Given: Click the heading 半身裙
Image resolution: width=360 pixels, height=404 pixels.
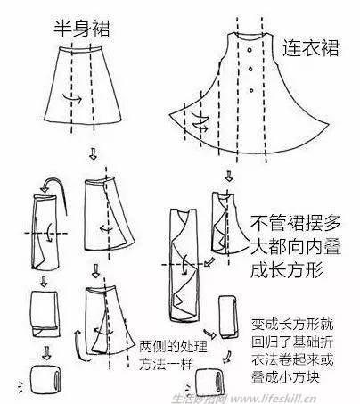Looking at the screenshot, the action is pyautogui.click(x=82, y=29).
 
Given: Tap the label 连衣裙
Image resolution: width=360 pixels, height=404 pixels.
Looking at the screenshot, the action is pyautogui.click(x=310, y=48).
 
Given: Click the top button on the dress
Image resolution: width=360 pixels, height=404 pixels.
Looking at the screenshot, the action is pyautogui.click(x=250, y=50).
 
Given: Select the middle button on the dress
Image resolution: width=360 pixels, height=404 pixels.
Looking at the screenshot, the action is pyautogui.click(x=250, y=69).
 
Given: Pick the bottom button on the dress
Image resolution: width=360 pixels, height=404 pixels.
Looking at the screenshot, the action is pyautogui.click(x=251, y=90).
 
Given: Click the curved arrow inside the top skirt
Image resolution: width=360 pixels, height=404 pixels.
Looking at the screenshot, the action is pyautogui.click(x=72, y=98).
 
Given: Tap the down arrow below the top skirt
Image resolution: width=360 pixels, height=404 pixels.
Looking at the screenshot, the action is pyautogui.click(x=93, y=154).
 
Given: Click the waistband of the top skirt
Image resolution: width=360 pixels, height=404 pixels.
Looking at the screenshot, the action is pyautogui.click(x=80, y=50).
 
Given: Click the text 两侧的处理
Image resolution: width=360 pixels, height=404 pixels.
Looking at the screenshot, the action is pyautogui.click(x=174, y=346).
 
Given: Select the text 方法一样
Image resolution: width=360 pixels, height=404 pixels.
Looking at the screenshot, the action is pyautogui.click(x=167, y=364).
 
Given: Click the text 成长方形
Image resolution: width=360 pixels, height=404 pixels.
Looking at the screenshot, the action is pyautogui.click(x=287, y=270).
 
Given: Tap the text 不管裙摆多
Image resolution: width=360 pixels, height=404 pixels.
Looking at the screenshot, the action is pyautogui.click(x=296, y=223).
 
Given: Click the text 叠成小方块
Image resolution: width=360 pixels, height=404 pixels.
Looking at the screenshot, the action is pyautogui.click(x=286, y=377).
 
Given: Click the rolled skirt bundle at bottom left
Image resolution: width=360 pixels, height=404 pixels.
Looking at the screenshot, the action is pyautogui.click(x=45, y=378).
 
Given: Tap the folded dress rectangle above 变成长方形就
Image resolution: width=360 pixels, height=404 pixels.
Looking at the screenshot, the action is pyautogui.click(x=229, y=317).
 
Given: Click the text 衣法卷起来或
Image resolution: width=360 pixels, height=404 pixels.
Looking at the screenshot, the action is pyautogui.click(x=292, y=359).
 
